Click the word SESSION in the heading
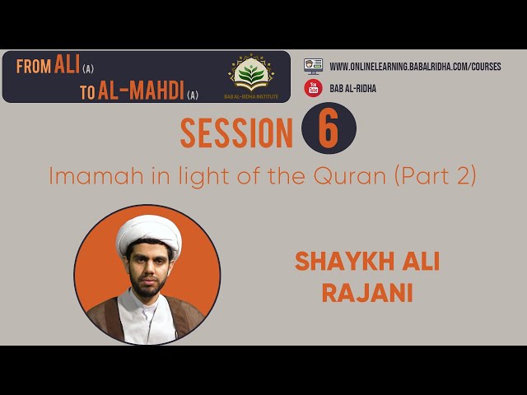tap(236, 133)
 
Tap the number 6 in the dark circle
tap(328, 129)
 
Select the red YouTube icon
tap(313, 88)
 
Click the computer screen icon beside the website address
tap(313, 66)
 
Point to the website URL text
tap(415, 67)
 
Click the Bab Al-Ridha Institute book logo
tap(251, 73)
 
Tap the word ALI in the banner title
tap(67, 64)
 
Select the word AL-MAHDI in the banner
tap(141, 91)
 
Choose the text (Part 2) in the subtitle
tap(436, 177)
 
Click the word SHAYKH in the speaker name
tap(344, 262)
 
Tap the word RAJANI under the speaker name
tap(367, 293)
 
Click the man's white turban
tap(149, 232)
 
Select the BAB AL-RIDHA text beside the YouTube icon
tap(353, 88)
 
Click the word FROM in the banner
tap(34, 66)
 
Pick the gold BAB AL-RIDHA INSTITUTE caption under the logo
tap(251, 97)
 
